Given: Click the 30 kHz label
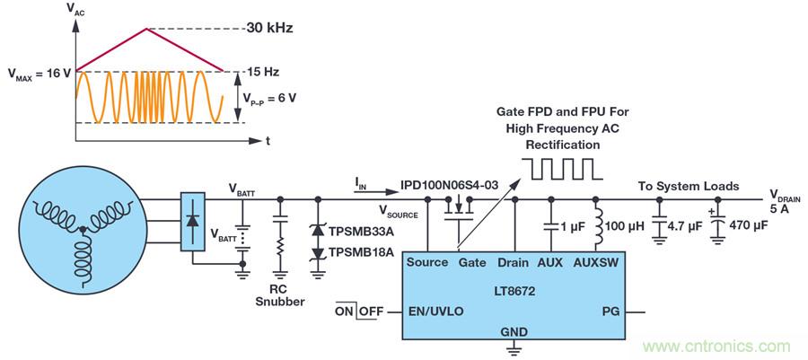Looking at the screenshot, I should tap(270, 29).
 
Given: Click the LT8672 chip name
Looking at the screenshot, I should tap(507, 292).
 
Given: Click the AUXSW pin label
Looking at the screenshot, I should tap(596, 262).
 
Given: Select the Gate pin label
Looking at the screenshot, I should tap(471, 262).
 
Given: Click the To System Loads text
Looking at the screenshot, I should tap(689, 187).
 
